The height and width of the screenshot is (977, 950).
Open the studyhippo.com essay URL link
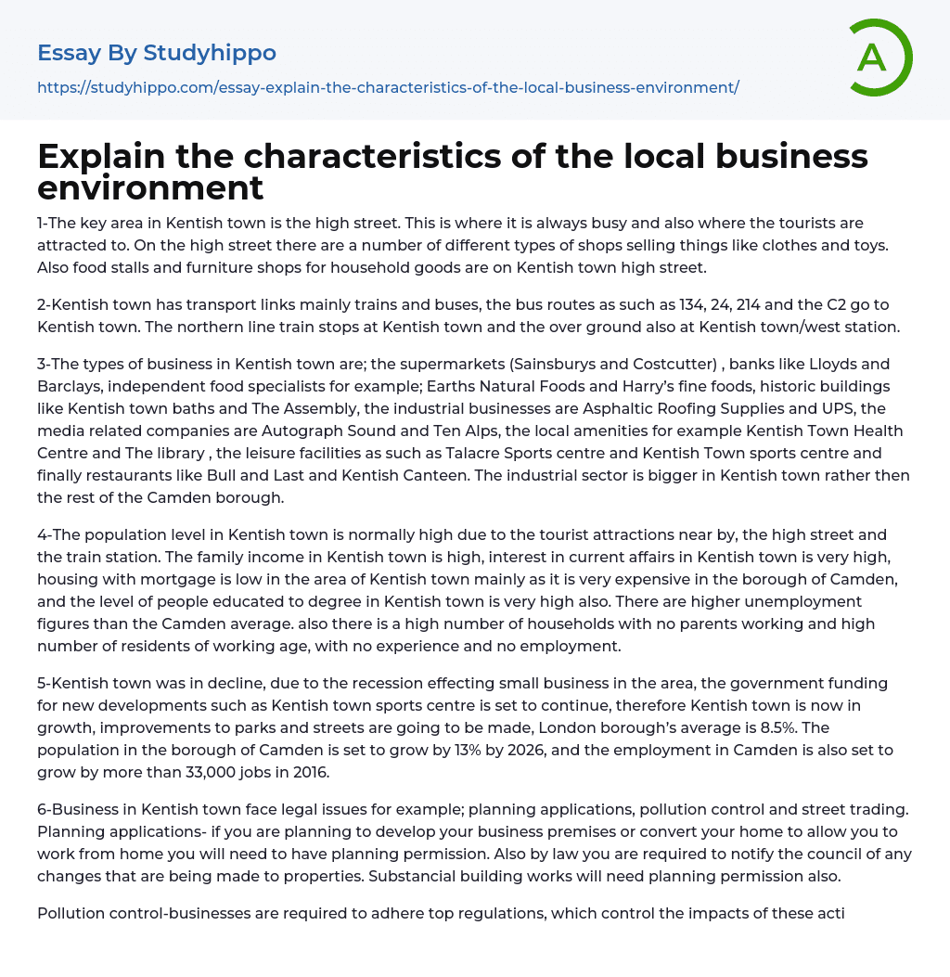pos(388,87)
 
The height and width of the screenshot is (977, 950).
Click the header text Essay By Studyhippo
pos(157,53)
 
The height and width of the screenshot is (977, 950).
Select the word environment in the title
pos(150,188)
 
